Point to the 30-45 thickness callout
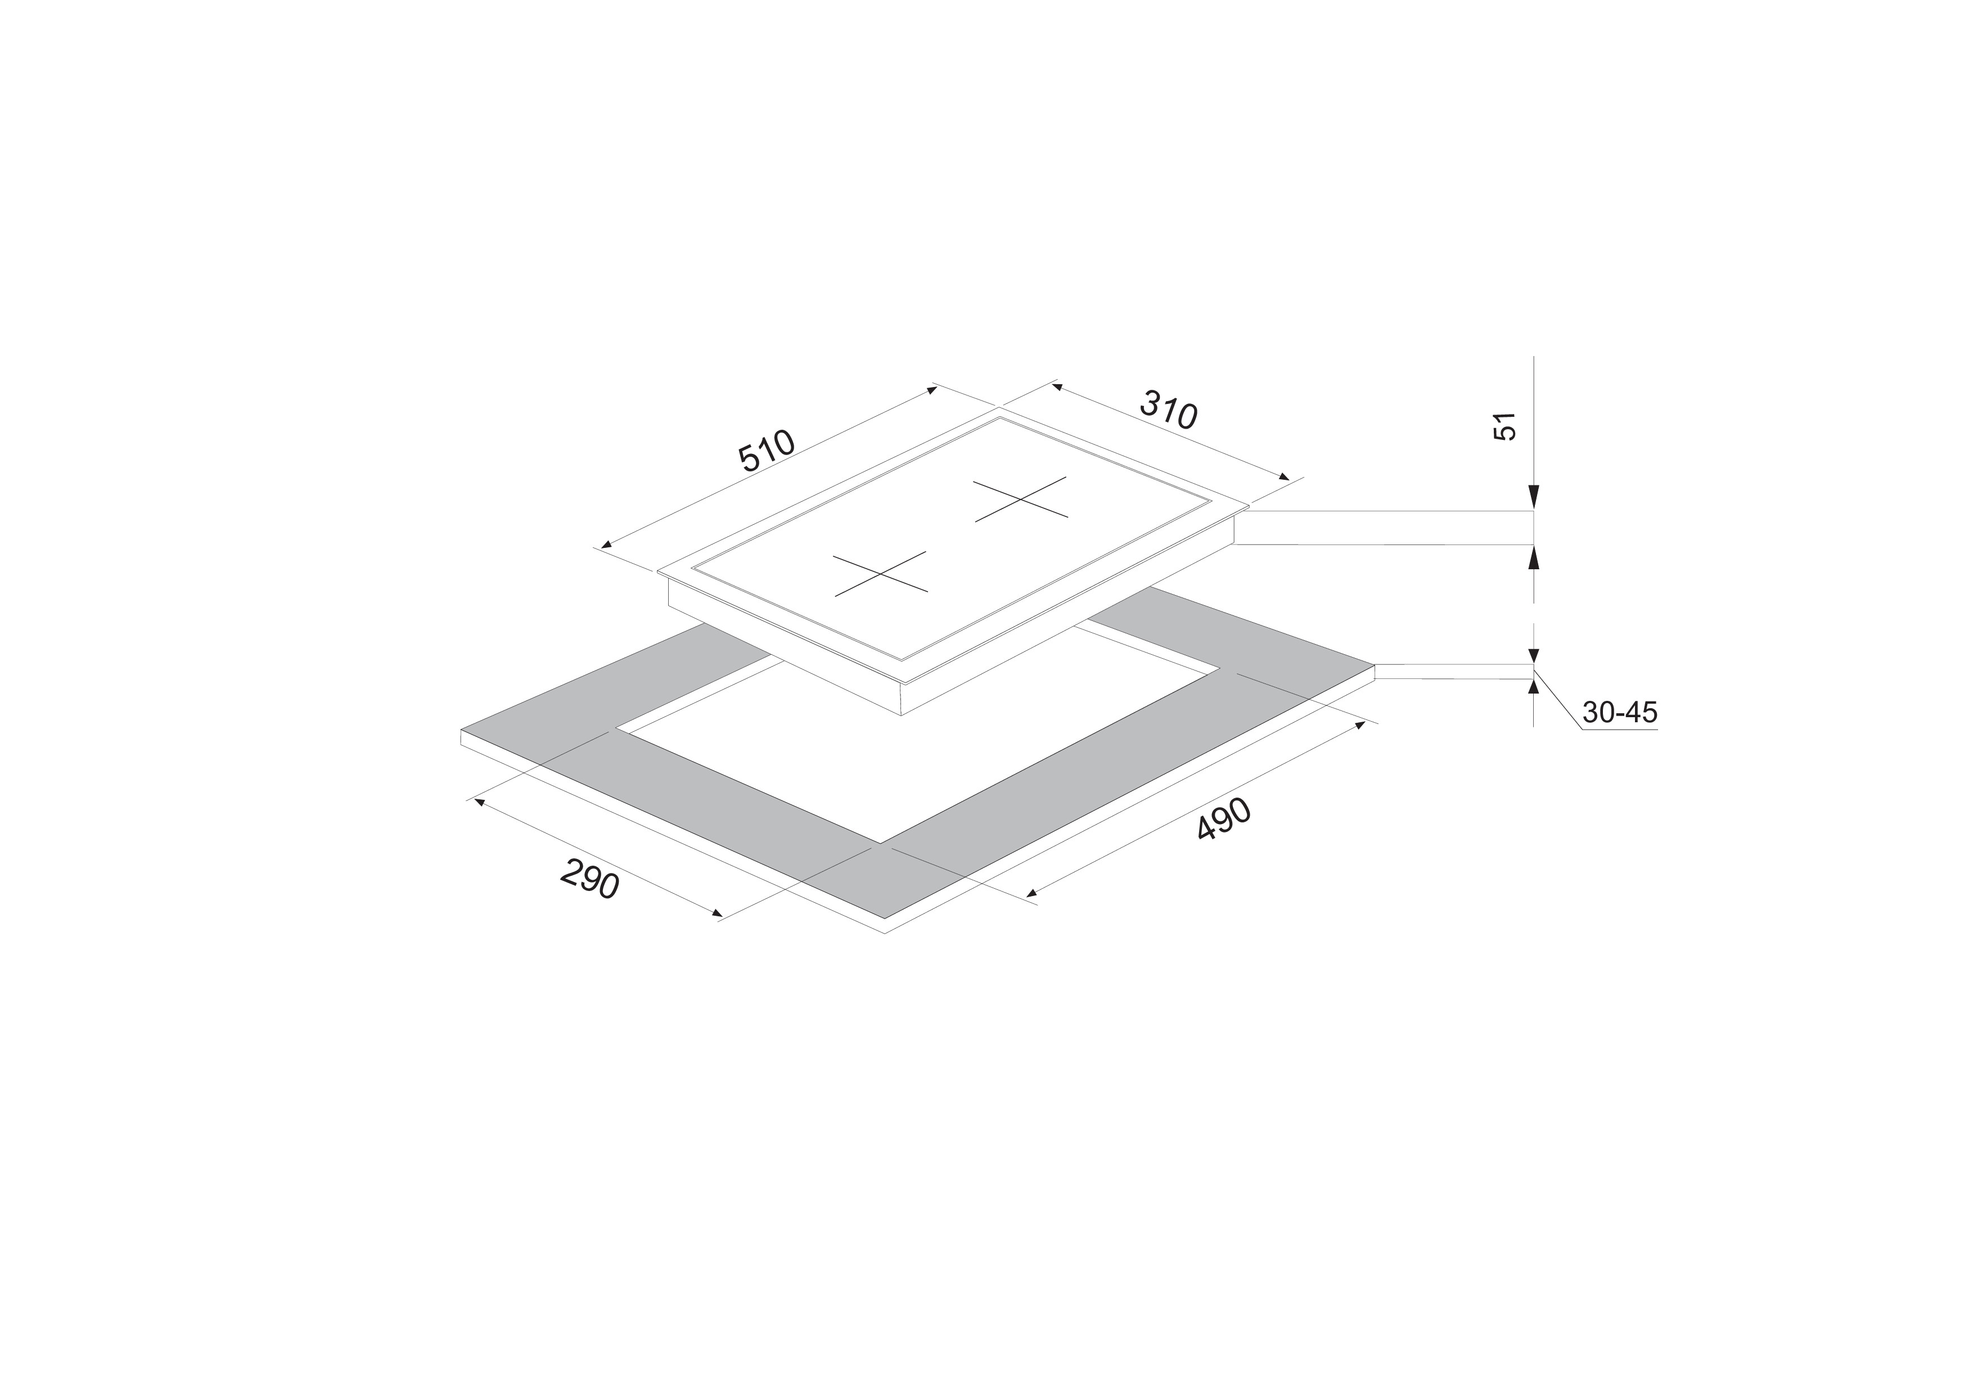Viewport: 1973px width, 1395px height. click(1619, 713)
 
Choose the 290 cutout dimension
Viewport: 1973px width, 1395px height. click(589, 879)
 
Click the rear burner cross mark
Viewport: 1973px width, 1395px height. click(1021, 498)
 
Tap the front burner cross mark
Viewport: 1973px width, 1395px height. click(881, 573)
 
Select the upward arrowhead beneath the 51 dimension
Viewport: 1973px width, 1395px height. click(1534, 558)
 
